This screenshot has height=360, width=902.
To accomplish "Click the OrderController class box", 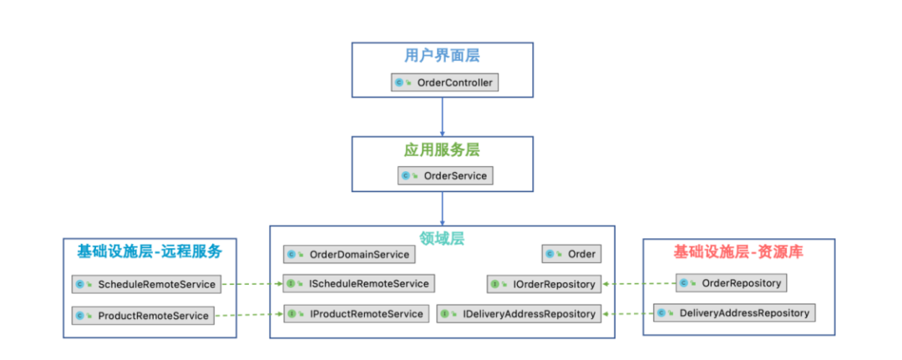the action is (x=444, y=82).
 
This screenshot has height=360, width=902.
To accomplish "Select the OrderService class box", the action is (x=445, y=175).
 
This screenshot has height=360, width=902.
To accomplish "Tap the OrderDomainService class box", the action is (x=349, y=254).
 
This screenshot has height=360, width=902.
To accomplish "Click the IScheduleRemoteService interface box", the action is (x=359, y=283).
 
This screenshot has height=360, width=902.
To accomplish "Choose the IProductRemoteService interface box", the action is (x=356, y=314).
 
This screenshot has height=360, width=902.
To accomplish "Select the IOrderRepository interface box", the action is (x=545, y=283).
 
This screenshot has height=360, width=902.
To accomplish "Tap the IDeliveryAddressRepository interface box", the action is (x=519, y=314).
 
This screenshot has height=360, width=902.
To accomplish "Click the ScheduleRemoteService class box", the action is (x=146, y=284).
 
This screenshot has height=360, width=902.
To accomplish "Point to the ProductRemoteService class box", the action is (x=143, y=315).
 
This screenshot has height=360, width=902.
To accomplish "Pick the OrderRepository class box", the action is (x=731, y=283).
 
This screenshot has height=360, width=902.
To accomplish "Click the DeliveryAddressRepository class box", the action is (x=734, y=313).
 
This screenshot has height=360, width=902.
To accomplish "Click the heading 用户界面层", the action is (x=443, y=56).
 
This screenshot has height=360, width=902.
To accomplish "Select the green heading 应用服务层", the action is (x=443, y=150).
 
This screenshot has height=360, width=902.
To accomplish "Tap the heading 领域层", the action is (x=443, y=238).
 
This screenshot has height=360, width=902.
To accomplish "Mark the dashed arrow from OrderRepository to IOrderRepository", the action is (x=639, y=283).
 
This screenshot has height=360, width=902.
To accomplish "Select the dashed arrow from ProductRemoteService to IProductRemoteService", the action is (x=249, y=315).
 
